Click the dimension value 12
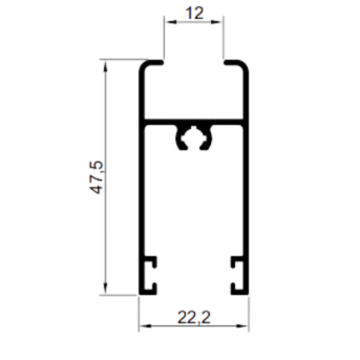[194, 13]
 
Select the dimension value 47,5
[96, 177]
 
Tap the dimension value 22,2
[194, 317]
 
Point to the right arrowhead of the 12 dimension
[215, 22]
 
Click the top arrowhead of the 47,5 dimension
[105, 68]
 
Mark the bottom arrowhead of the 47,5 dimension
[105, 286]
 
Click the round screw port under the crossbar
[193, 137]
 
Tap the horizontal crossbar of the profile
[193, 122]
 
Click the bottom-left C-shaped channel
[151, 275]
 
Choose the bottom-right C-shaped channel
[237, 275]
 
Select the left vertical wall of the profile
[141, 178]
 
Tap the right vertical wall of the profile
[245, 178]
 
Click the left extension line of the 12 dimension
[164, 38]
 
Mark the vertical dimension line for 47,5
[105, 177]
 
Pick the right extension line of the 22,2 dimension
[249, 314]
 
